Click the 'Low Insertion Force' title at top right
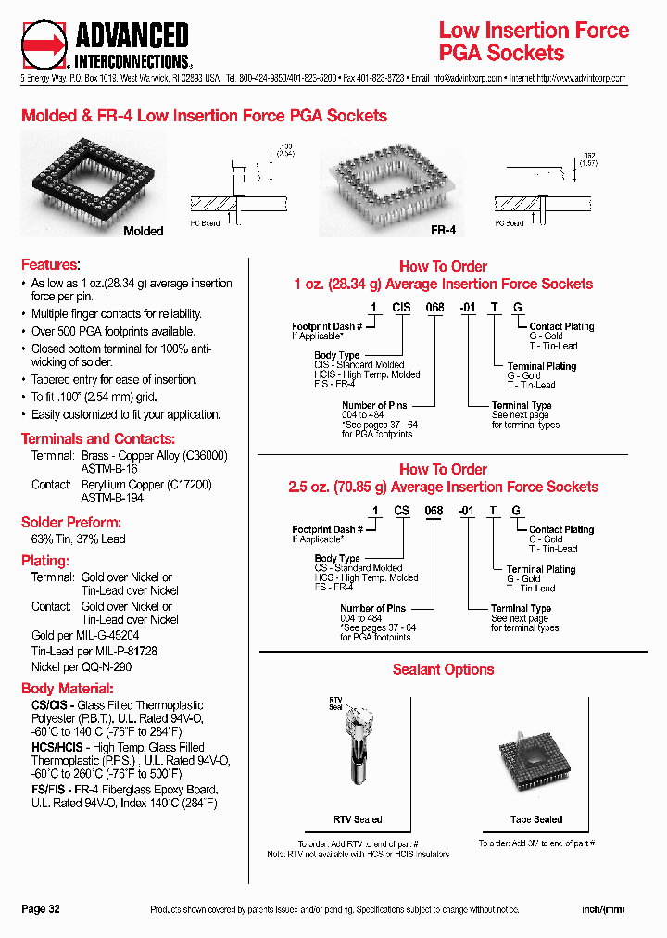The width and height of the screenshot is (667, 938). [x=534, y=30]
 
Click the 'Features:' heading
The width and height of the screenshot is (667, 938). [x=50, y=265]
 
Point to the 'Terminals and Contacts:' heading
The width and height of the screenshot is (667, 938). [x=97, y=438]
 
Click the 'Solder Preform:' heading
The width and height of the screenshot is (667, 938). [x=70, y=522]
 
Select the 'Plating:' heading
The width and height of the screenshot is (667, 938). [x=45, y=561]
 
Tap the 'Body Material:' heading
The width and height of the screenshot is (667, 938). [x=68, y=689]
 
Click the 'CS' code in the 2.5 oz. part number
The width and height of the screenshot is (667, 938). [x=402, y=511]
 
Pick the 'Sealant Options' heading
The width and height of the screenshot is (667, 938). [x=443, y=669]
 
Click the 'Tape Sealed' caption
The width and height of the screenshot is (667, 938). [x=535, y=819]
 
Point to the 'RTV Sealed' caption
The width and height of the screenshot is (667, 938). [x=358, y=819]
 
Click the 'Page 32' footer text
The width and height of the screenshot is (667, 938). [x=41, y=909]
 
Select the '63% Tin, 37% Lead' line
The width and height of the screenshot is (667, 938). [x=79, y=539]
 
